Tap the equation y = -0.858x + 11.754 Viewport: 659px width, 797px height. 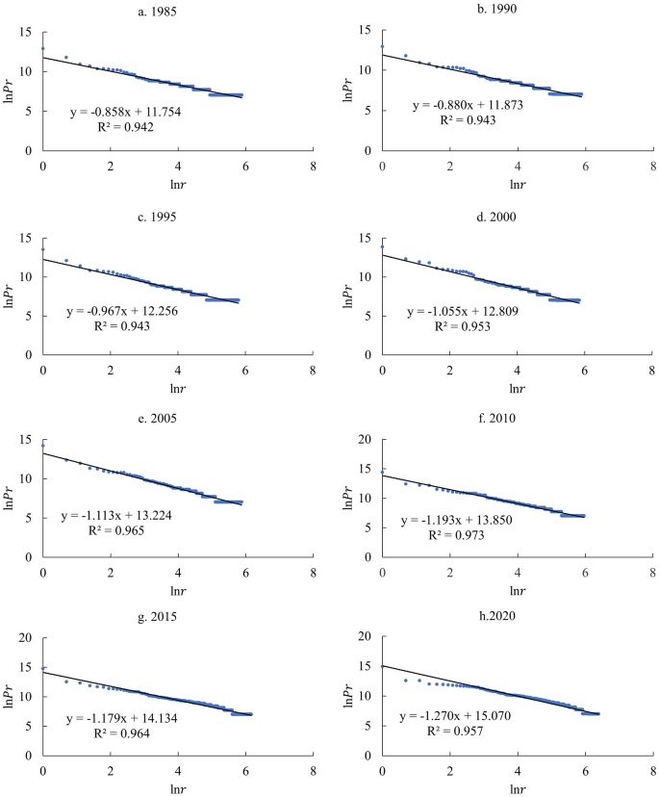tap(133, 112)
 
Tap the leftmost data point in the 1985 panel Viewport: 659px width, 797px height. tap(42, 48)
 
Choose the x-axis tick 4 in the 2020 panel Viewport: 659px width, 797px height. tap(518, 770)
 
